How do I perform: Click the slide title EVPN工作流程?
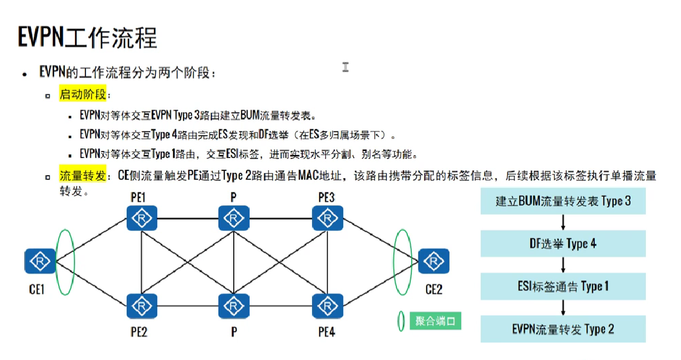87,37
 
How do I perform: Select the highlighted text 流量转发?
82,176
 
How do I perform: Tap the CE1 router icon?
40,261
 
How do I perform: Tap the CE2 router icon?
433,261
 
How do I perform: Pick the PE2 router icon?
142,305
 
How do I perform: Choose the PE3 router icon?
327,218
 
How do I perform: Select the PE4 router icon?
327,305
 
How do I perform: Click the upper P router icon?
233,218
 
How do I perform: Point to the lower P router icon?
233,305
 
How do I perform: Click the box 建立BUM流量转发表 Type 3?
563,201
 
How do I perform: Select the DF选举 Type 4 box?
563,244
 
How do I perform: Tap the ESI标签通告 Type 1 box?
563,286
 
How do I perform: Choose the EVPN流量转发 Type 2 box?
563,329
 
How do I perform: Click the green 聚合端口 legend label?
434,321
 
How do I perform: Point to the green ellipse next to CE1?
65,261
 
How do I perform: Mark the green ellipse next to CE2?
402,261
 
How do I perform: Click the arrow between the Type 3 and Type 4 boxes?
563,222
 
